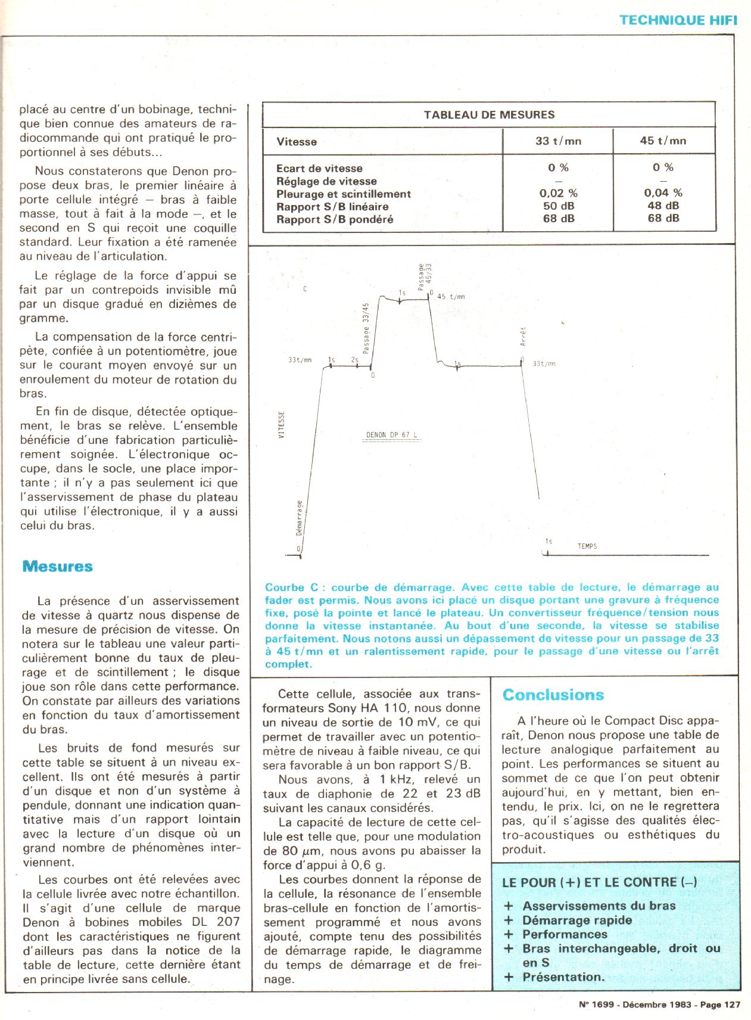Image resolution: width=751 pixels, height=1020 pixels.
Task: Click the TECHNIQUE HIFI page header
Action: tap(678, 20)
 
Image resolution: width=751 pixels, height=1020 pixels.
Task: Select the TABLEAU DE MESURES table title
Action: tap(489, 115)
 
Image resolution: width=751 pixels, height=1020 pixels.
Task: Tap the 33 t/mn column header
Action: tap(558, 141)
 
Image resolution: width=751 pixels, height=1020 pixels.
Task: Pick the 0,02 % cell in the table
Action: tap(558, 193)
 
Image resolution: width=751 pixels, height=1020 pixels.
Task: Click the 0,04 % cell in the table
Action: tap(663, 193)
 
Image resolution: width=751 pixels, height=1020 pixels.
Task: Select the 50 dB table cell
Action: tap(558, 206)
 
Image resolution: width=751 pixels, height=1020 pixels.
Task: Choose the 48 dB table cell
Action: tap(663, 206)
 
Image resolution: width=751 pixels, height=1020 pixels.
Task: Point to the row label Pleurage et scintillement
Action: tap(344, 194)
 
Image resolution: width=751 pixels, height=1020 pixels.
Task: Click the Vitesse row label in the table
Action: tap(297, 142)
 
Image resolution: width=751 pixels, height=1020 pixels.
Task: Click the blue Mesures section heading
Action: tap(57, 566)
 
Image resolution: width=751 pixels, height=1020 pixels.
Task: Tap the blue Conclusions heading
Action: tap(553, 695)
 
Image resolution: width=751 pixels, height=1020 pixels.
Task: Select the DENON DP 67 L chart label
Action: tap(391, 435)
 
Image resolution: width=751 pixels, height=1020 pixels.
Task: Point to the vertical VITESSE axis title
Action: tap(282, 424)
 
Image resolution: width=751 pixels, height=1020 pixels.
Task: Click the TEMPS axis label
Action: tap(587, 546)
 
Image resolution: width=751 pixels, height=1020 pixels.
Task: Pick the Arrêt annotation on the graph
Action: tap(523, 338)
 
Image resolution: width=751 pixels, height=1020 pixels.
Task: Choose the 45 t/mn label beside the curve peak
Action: tap(451, 296)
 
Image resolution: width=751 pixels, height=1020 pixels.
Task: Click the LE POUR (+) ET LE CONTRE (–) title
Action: tap(600, 883)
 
